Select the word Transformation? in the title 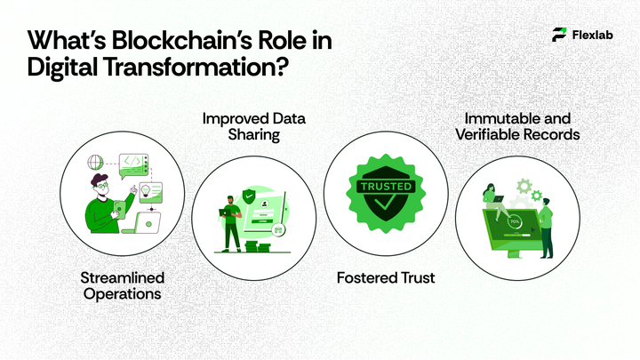tap(204, 69)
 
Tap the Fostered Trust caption tap(386, 278)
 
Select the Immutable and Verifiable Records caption tap(519, 126)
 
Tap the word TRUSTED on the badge tap(385, 188)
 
